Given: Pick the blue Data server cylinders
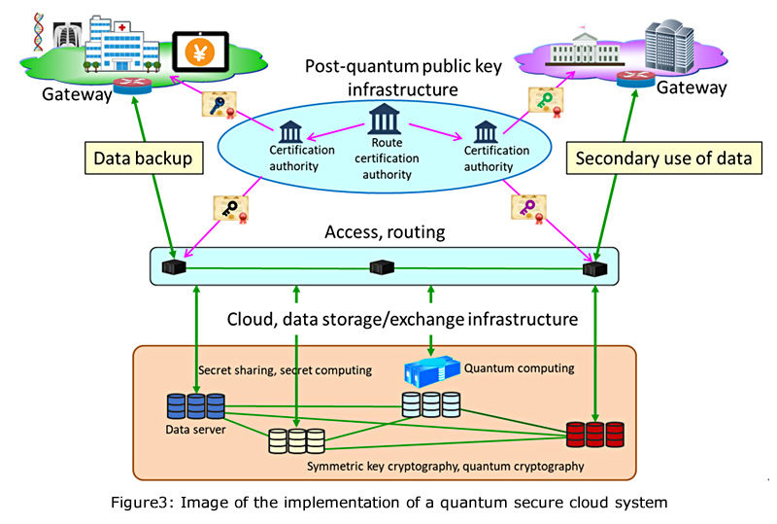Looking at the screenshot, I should (195, 405).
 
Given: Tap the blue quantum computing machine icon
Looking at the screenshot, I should (430, 374).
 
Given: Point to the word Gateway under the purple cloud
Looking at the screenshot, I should (692, 88).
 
